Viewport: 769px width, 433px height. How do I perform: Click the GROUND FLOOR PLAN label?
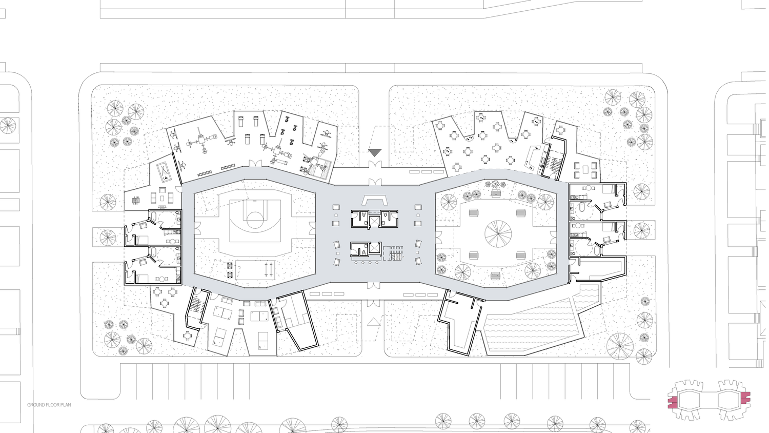(x=49, y=405)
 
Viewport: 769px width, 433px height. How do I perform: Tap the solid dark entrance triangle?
(x=375, y=152)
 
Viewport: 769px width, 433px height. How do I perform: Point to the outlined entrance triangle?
(x=374, y=322)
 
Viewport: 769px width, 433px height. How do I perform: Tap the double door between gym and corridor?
(x=255, y=164)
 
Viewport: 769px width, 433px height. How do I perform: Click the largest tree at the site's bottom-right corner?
(x=620, y=346)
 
